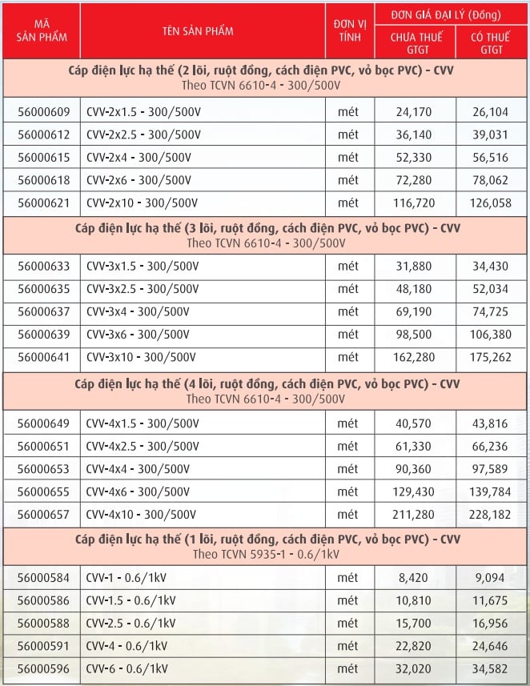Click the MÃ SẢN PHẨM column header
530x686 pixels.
(x=42, y=30)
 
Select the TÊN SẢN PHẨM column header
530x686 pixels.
(x=203, y=30)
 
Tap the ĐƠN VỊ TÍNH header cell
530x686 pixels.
(x=349, y=30)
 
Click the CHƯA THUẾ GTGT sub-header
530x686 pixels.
(x=414, y=42)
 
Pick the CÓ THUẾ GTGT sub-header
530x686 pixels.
(x=492, y=42)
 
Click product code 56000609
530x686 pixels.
(x=43, y=111)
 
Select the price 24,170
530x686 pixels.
(x=414, y=111)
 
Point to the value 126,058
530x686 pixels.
(x=492, y=203)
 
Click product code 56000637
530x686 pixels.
(x=43, y=311)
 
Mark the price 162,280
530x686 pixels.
(x=414, y=357)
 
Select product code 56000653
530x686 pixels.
(x=43, y=468)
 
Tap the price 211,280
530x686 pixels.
(x=414, y=515)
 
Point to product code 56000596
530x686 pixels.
(x=43, y=668)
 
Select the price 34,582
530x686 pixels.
(x=492, y=668)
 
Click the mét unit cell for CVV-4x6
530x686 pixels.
(x=349, y=491)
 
